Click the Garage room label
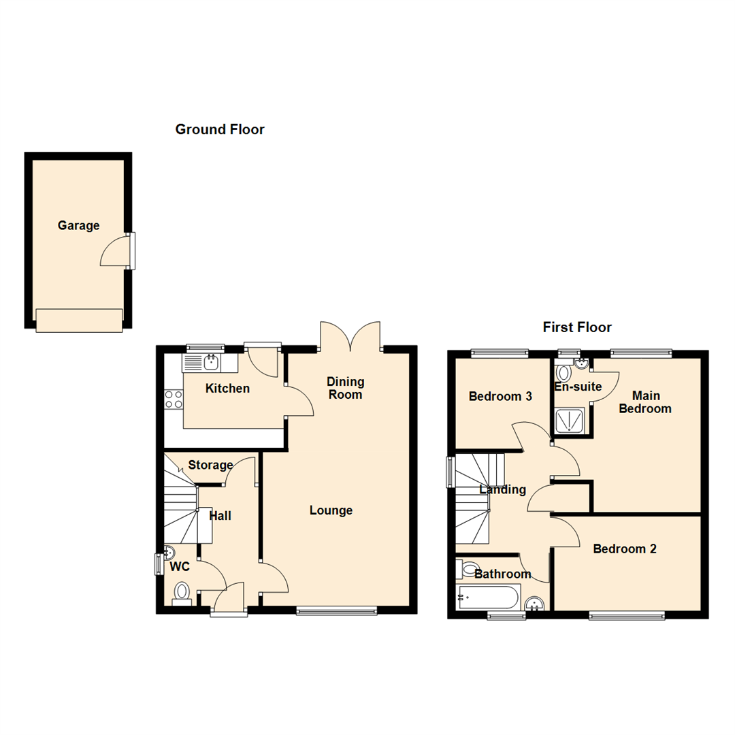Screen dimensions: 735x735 pos(78,225)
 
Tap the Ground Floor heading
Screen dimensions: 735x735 pos(220,129)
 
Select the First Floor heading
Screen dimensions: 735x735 pos(577,327)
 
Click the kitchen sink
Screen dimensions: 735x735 pos(210,363)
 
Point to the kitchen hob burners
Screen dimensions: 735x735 pos(174,399)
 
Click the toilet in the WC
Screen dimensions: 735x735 pos(182,593)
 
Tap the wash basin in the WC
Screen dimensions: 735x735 pos(169,553)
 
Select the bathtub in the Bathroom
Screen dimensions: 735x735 pos(489,598)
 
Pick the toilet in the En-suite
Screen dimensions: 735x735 pos(563,373)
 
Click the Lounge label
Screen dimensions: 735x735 pos(331,510)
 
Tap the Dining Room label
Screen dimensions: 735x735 pos(345,388)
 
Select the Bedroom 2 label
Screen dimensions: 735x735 pos(624,549)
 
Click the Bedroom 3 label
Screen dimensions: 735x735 pos(500,396)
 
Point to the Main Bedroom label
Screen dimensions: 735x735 pos(651,402)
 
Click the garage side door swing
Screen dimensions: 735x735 pos(114,250)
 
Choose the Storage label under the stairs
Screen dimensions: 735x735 pos(210,465)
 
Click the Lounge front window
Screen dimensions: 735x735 pos(336,611)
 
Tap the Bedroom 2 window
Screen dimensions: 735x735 pos(626,616)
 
